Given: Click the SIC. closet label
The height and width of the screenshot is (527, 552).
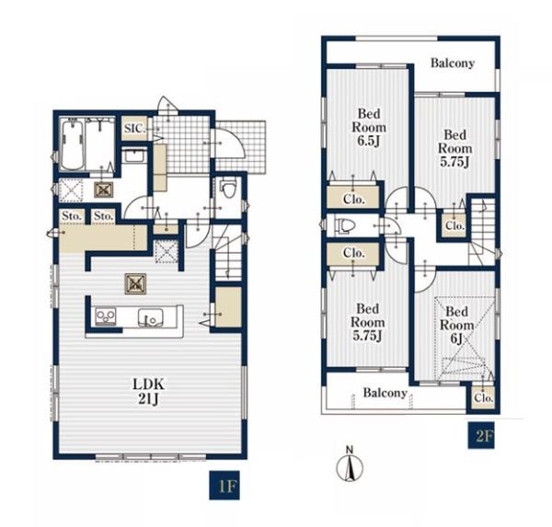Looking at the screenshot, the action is [x=134, y=129].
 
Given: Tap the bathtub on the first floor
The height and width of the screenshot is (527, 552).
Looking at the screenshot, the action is [x=72, y=144].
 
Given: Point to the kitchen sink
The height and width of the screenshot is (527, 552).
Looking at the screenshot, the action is [x=150, y=317].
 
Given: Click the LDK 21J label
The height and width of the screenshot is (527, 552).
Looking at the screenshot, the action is [x=148, y=392].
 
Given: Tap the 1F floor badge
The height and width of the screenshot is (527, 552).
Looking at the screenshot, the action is [x=224, y=485].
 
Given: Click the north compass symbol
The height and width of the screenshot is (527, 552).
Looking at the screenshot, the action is [x=350, y=464].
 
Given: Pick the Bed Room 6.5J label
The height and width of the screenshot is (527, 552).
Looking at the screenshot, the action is [x=369, y=127].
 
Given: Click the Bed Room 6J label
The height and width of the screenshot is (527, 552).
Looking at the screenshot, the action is [x=456, y=325].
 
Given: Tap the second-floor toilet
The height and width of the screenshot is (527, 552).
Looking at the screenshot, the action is [x=343, y=225].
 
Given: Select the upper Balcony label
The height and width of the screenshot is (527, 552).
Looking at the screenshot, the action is [x=453, y=63].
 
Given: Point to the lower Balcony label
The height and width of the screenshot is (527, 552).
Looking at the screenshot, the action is [x=385, y=393].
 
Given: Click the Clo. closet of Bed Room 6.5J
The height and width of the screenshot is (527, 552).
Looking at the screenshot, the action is [x=353, y=197].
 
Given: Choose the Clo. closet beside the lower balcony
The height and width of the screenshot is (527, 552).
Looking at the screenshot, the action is [x=483, y=398].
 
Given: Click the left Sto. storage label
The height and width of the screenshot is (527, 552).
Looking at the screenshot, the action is [x=72, y=216].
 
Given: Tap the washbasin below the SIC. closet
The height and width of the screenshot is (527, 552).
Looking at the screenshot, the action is [x=135, y=155].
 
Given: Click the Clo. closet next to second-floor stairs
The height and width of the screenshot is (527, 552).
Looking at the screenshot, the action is [x=454, y=225].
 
